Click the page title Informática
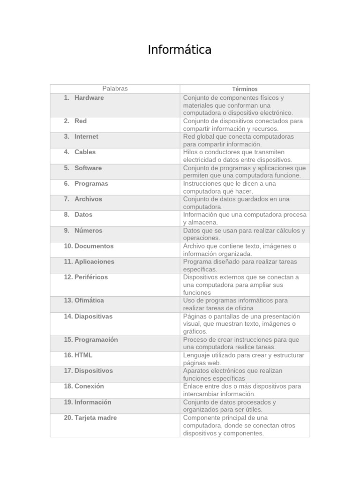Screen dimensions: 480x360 [180, 50]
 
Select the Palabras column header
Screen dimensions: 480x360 [115, 89]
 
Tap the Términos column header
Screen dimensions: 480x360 [245, 89]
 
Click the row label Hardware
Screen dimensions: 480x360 [89, 98]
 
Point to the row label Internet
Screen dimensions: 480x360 [86, 137]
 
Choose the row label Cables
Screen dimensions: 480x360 [85, 152]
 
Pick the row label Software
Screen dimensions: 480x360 [88, 168]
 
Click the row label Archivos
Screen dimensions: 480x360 [88, 199]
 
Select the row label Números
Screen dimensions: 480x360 [88, 231]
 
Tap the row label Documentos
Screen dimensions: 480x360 [94, 246]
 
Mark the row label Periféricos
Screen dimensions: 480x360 [91, 277]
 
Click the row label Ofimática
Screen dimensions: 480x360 [89, 300]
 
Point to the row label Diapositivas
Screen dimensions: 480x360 [93, 316]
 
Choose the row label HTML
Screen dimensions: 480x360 [83, 355]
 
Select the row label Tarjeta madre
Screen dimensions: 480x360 [96, 418]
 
